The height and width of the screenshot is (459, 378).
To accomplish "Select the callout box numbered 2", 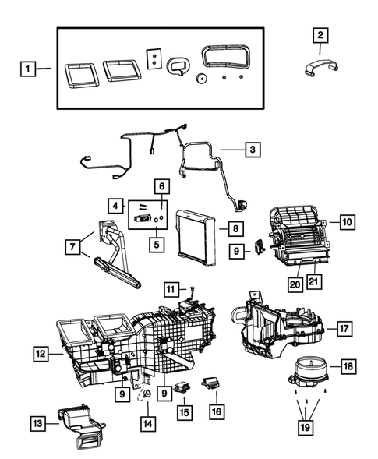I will tap(320, 34).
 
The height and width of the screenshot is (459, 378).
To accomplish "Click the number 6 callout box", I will tap(161, 186).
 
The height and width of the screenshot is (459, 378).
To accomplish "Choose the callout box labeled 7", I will tap(73, 247).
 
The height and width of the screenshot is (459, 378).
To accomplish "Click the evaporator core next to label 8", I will tap(196, 231).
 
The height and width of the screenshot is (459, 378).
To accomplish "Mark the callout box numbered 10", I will tap(347, 222).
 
